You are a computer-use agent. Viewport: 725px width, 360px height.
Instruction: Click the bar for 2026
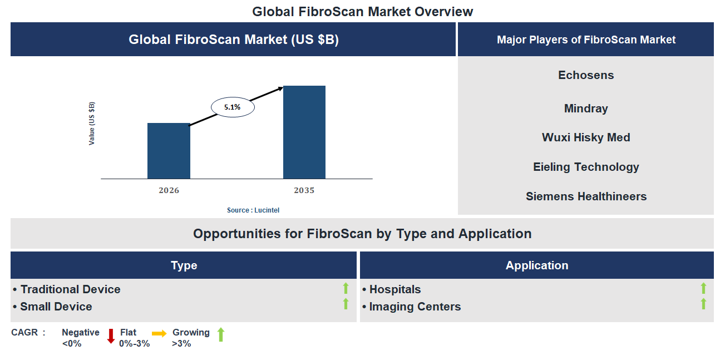[169, 151]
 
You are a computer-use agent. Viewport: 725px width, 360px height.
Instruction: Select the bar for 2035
[304, 132]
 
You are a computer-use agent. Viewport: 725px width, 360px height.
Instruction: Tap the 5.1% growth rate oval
[233, 107]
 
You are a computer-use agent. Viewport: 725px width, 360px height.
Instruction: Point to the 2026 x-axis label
[169, 190]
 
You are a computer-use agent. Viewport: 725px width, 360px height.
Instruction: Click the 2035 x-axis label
[304, 190]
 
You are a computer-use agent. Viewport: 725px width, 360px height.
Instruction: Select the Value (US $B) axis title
[92, 124]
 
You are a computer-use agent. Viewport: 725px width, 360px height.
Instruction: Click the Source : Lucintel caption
[253, 210]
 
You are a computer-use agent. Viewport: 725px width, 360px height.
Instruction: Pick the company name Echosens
[586, 75]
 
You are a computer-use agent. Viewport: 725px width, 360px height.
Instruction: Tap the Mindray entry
[586, 109]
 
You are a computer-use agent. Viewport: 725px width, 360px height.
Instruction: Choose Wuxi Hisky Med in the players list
[586, 137]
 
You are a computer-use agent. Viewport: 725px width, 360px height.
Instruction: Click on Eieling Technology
[586, 167]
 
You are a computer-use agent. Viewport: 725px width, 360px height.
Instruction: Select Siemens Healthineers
[586, 196]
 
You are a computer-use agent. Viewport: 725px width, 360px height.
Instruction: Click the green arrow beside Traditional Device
[346, 288]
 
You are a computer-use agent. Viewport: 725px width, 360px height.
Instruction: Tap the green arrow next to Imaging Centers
[703, 304]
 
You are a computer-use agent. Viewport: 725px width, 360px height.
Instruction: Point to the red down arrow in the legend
[111, 336]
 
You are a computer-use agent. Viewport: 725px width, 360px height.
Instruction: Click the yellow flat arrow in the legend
[159, 334]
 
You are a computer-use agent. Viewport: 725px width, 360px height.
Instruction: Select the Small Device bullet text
[56, 307]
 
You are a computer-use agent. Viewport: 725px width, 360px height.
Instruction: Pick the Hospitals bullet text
[395, 289]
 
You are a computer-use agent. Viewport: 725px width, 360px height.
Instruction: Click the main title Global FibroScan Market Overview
[362, 11]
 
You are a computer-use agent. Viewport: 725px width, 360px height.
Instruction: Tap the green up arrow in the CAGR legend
[221, 335]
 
